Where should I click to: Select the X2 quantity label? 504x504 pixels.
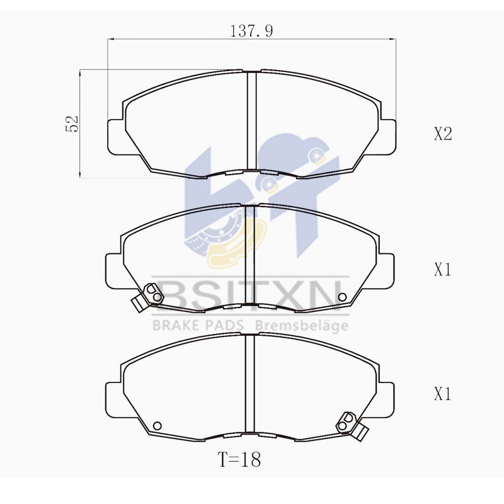pyautogui.click(x=443, y=134)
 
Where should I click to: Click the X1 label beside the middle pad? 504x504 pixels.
pyautogui.click(x=443, y=270)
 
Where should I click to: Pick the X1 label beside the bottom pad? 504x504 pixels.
pyautogui.click(x=443, y=395)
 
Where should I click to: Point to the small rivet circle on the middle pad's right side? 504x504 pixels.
pyautogui.click(x=343, y=297)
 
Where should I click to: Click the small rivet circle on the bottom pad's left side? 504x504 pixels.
pyautogui.click(x=157, y=423)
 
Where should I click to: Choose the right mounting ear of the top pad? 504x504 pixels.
pyautogui.click(x=389, y=135)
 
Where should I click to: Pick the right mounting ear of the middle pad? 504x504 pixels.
pyautogui.click(x=387, y=270)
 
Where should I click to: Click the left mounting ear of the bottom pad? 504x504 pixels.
pyautogui.click(x=112, y=395)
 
